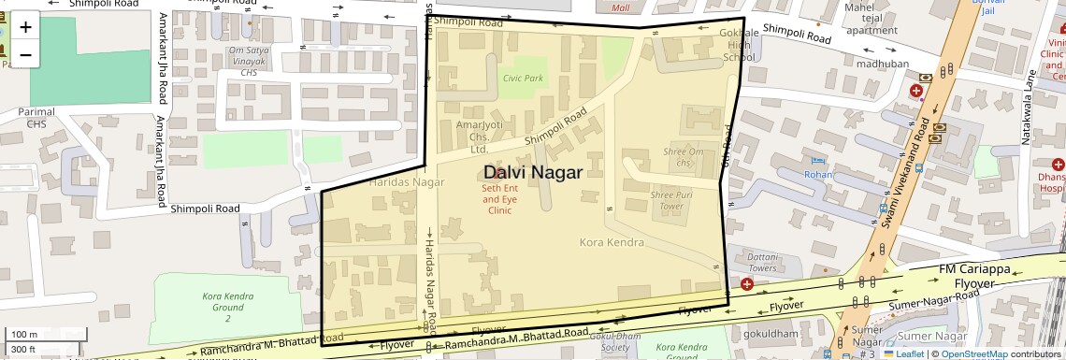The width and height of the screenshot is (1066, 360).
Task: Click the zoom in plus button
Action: click(25, 26)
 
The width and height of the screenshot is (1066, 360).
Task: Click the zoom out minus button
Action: click(25, 54)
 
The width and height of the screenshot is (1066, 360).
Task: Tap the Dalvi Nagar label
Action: click(533, 172)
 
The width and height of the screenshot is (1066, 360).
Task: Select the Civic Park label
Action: click(521, 79)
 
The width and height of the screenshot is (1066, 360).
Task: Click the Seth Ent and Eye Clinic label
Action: click(499, 199)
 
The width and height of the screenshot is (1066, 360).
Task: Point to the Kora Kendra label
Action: click(612, 243)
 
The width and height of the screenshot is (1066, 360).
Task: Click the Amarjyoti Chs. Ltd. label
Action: click(479, 137)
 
